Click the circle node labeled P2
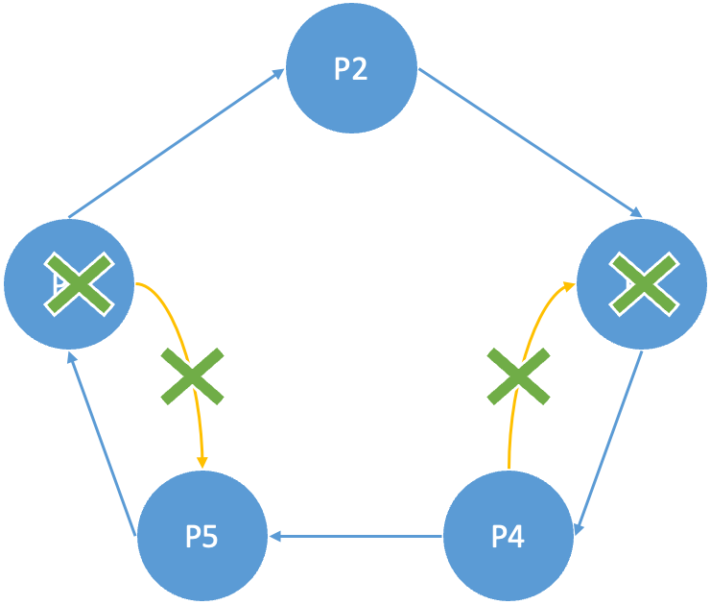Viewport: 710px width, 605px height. pos(351,70)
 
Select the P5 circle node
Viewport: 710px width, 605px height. pos(201,536)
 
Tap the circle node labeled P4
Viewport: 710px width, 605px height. pos(508,536)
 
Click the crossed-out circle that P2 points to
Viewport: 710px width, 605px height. pos(641,284)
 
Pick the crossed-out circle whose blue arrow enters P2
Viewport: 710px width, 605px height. pos(68,284)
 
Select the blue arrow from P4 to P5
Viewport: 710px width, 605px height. pos(357,536)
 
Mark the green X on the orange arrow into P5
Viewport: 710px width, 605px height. pos(192,376)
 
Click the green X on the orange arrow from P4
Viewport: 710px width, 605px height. pos(519,376)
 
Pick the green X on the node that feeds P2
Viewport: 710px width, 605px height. pos(79,284)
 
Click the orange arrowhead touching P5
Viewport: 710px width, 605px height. pos(201,462)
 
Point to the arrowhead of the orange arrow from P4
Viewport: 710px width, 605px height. pos(567,285)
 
